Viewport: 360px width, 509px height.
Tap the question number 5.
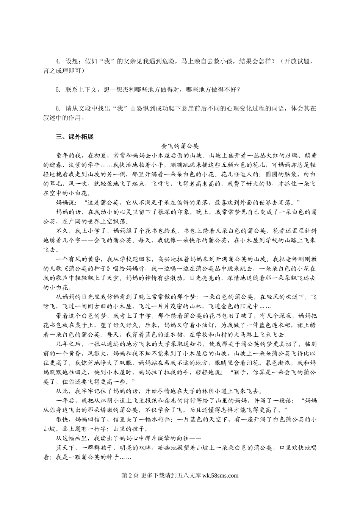pyautogui.click(x=57, y=89)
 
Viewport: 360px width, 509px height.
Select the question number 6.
pyautogui.click(x=57, y=108)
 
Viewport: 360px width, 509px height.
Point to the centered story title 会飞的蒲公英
pyautogui.click(x=180, y=146)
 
